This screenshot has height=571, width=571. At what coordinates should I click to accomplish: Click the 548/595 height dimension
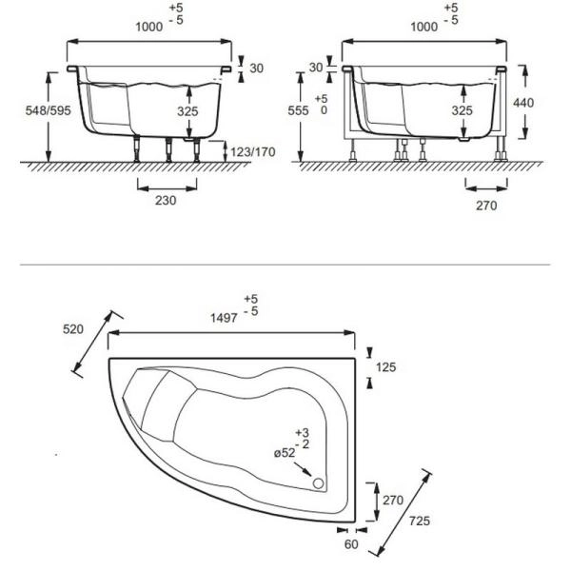coord(49,110)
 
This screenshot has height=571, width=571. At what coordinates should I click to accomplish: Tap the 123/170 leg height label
coord(253,151)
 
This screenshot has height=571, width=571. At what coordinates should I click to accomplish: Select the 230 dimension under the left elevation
coord(166,200)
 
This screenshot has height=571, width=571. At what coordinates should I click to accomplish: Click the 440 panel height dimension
coord(523,103)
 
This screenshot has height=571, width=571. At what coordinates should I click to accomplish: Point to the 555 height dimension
coord(298,110)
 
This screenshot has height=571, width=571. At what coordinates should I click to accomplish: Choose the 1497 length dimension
coord(224,318)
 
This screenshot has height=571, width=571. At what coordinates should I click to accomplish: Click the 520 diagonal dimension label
coord(73,329)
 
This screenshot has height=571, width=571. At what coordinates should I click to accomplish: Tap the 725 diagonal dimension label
coord(420,522)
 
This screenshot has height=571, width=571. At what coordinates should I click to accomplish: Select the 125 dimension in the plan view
coord(386,367)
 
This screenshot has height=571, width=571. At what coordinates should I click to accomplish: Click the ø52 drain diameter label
coord(285,453)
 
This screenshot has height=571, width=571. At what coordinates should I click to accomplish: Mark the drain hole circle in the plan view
coord(318,483)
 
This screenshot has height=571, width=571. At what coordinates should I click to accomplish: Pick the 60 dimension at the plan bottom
coord(351,544)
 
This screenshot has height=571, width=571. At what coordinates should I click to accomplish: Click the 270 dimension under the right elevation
coord(486,206)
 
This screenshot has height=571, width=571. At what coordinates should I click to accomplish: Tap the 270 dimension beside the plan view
coord(393,500)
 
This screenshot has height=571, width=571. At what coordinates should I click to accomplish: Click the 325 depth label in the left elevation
coord(187,111)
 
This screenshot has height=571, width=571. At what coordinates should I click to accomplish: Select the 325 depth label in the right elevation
coord(463,110)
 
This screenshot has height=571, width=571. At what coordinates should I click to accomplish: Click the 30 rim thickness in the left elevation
coord(257,69)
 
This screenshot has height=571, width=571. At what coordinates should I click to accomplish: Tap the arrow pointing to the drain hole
coord(303,469)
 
